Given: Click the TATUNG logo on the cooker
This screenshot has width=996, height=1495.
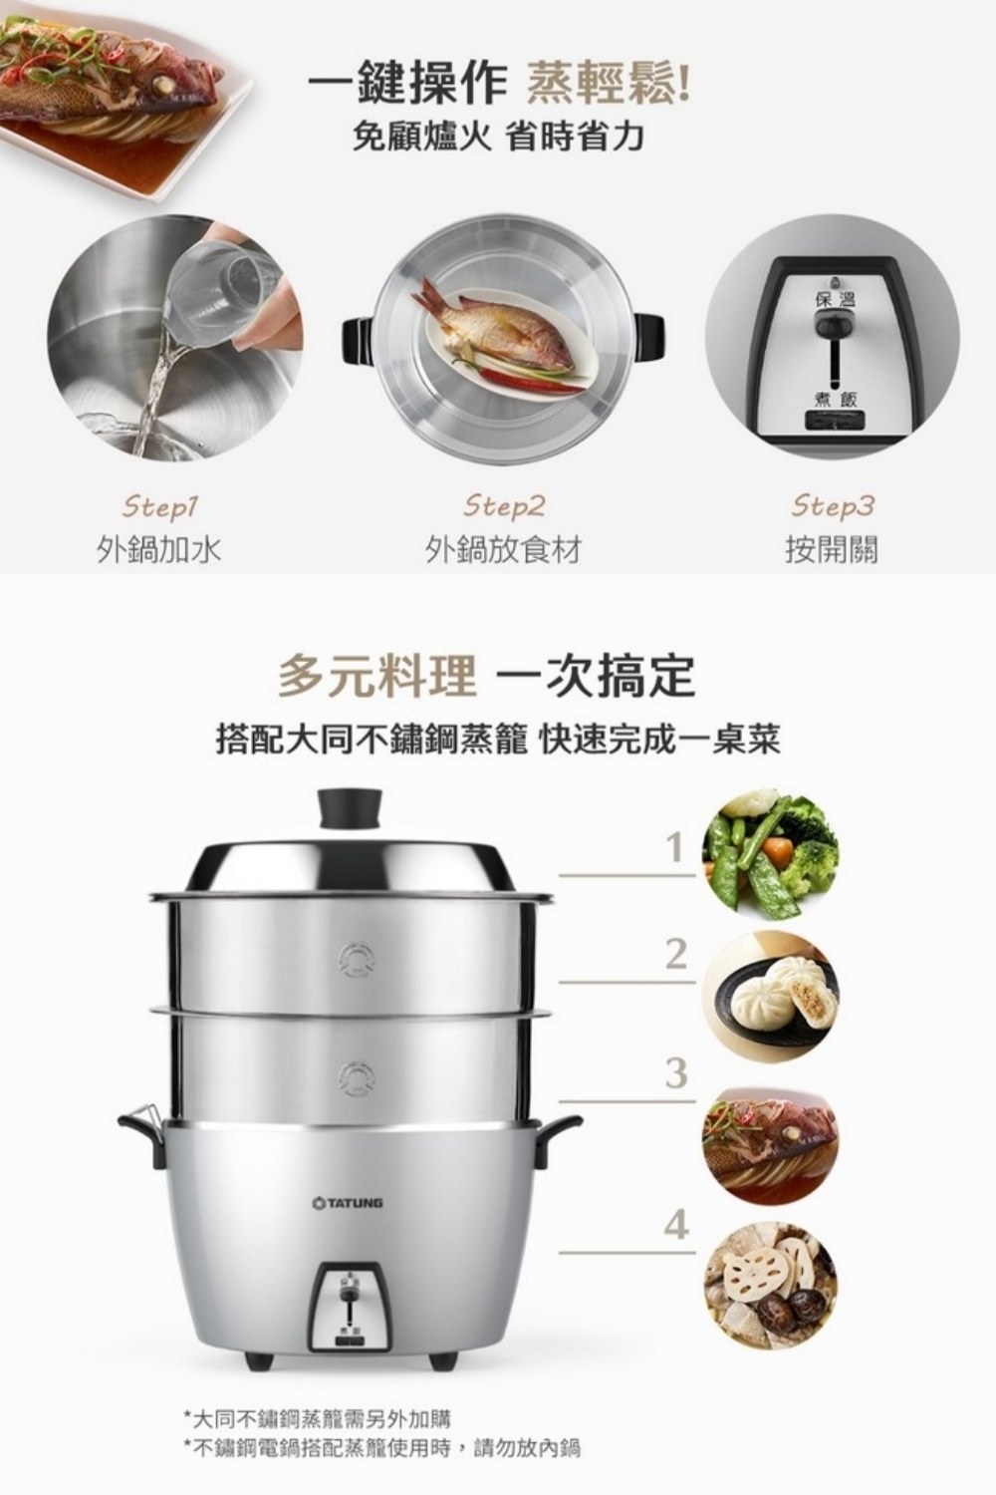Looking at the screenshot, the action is (348, 1203).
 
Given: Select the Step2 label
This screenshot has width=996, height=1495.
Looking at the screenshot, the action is (504, 507).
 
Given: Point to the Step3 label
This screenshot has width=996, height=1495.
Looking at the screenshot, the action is (832, 507).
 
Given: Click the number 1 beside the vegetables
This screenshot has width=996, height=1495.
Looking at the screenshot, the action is (676, 847).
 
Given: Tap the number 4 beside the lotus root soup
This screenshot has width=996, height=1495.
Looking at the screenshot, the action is (675, 1224).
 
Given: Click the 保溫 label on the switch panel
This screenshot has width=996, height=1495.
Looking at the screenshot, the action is (834, 299).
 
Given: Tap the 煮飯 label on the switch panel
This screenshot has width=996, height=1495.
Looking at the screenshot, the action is (834, 399).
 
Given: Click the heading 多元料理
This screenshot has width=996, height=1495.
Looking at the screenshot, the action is (377, 676).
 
